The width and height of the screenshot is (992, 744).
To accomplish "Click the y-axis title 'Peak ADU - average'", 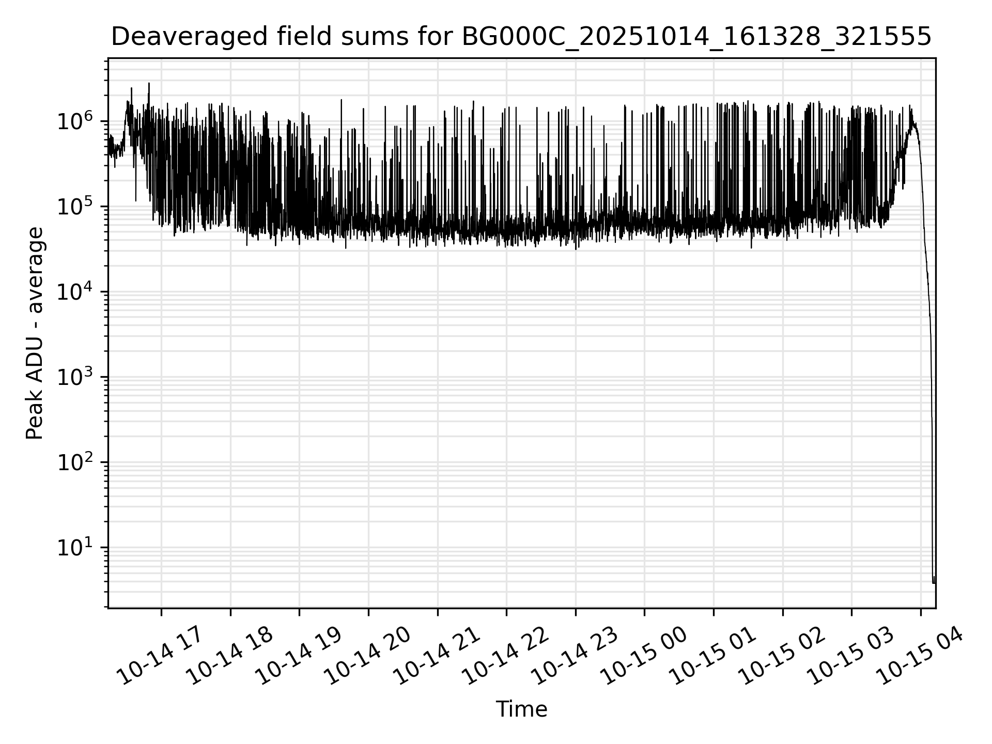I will pos(35,333).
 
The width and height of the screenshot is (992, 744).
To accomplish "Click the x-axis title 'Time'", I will pos(521,709).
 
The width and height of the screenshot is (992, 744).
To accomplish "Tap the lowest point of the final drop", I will pos(934,583).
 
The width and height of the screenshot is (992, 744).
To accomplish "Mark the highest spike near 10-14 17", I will pos(149,83).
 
